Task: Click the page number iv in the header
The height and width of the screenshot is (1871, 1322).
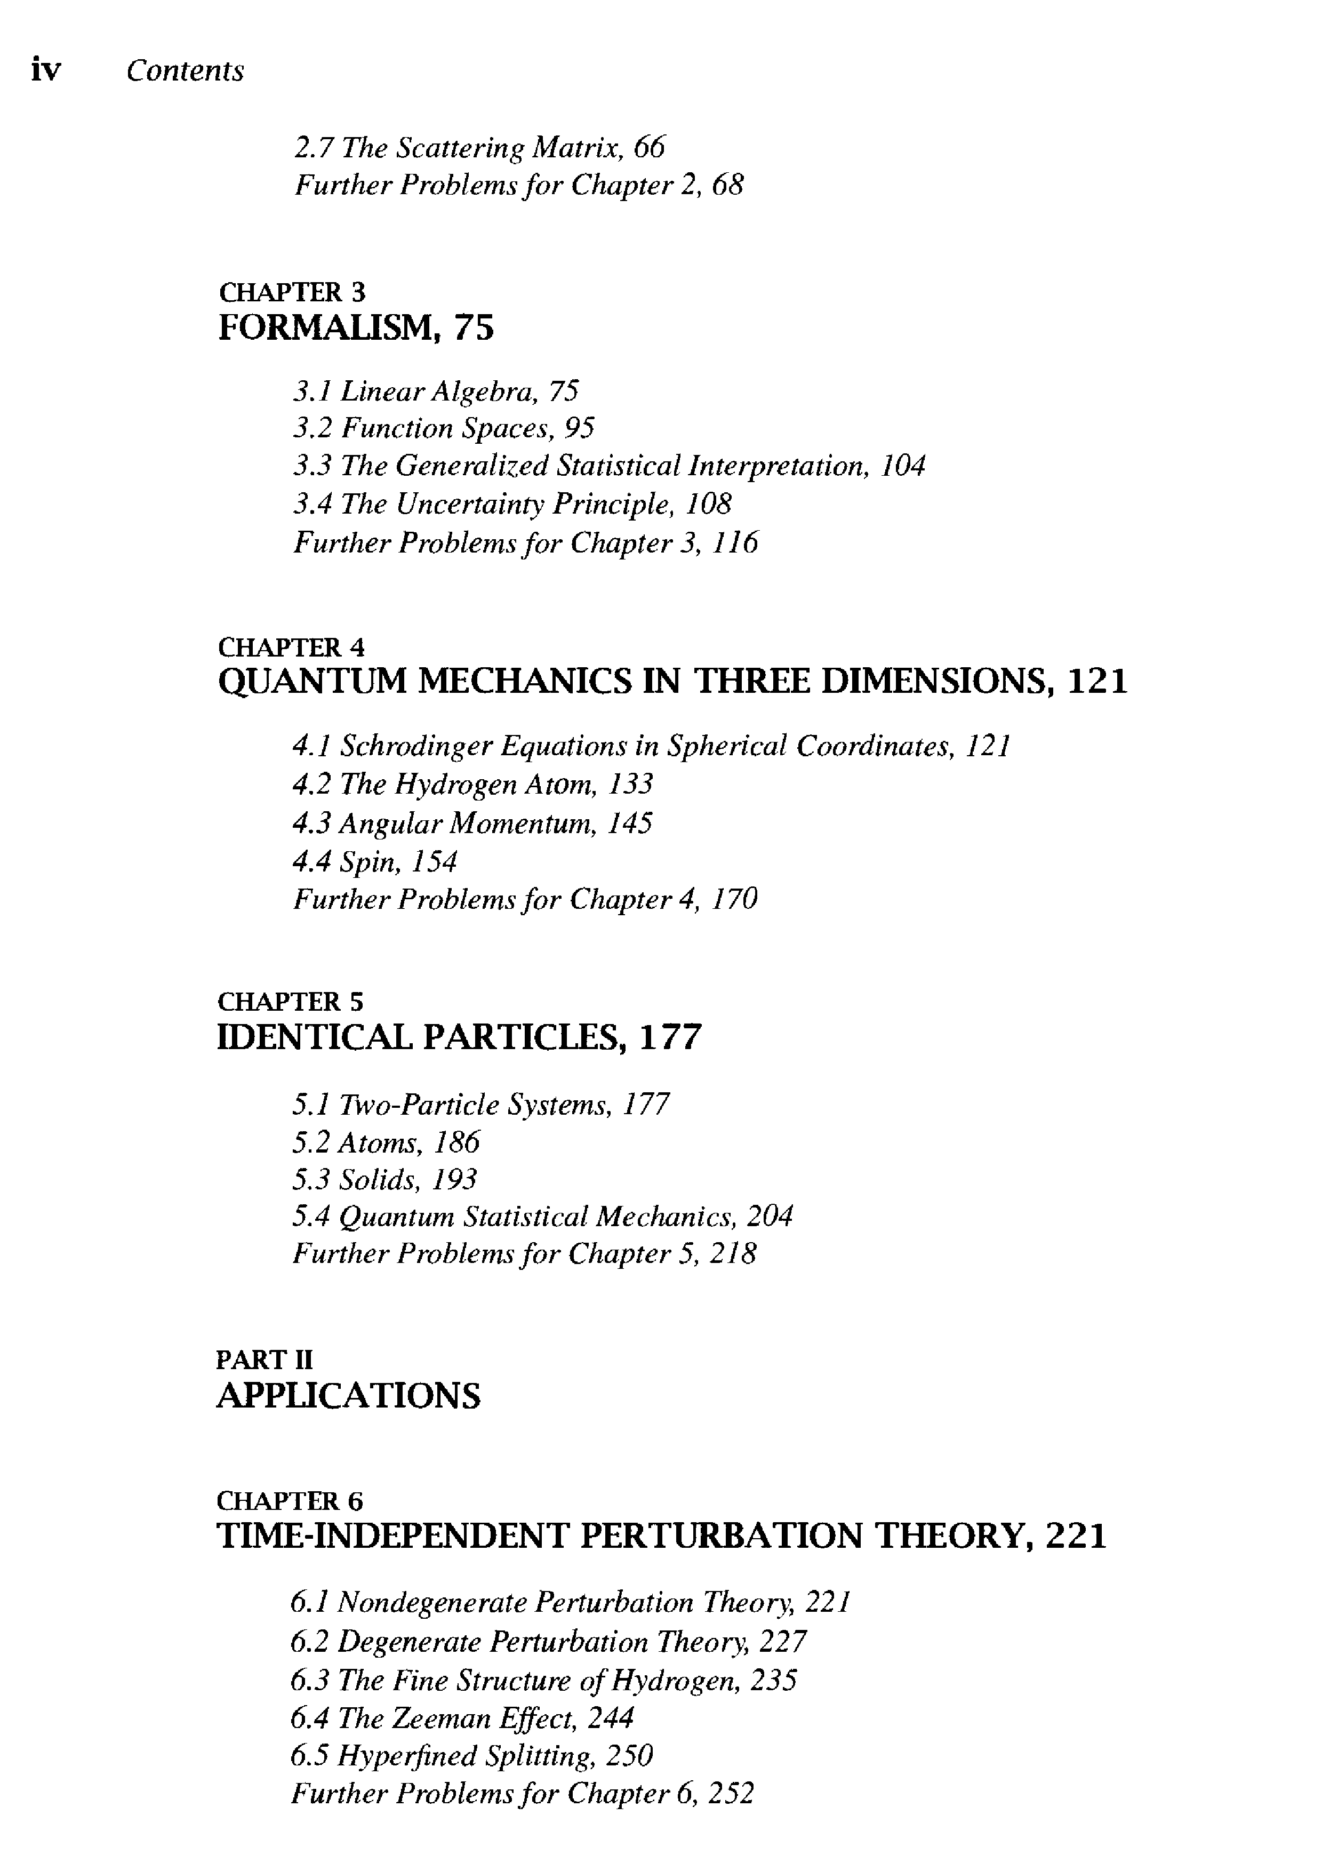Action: coord(46,71)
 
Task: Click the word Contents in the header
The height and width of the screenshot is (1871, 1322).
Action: coord(185,71)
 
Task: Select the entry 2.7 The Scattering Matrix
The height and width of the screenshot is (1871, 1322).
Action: coord(479,148)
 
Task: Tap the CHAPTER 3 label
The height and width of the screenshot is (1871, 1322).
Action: coord(292,292)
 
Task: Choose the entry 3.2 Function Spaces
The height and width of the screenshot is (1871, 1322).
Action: coord(443,428)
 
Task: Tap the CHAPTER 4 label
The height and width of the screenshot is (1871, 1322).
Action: coord(292,647)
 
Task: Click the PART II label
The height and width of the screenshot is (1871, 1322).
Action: coord(265,1359)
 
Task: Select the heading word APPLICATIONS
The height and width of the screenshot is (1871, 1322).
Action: coord(349,1395)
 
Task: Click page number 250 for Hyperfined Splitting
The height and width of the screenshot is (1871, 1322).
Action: coord(630,1755)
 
